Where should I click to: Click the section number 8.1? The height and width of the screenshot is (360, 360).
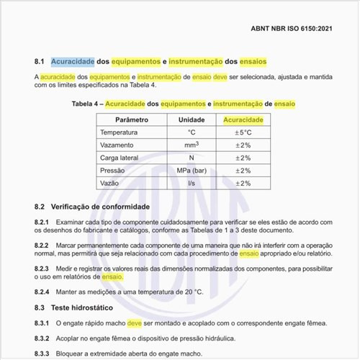click(x=40, y=61)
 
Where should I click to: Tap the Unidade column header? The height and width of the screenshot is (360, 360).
click(x=192, y=120)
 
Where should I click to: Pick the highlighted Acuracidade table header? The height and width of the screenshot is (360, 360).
click(x=243, y=120)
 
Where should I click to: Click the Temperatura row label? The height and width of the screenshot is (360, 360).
click(x=119, y=132)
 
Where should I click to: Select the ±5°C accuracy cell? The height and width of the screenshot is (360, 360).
click(x=243, y=132)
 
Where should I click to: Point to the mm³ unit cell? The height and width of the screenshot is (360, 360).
click(x=192, y=145)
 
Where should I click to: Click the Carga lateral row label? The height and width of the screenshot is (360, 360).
click(x=120, y=158)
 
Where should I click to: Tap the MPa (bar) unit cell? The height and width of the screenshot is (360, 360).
click(x=192, y=171)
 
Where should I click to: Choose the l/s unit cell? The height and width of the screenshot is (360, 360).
click(x=192, y=184)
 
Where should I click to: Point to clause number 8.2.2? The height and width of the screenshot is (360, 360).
click(x=42, y=246)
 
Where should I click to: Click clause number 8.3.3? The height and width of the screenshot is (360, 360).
click(x=42, y=354)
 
